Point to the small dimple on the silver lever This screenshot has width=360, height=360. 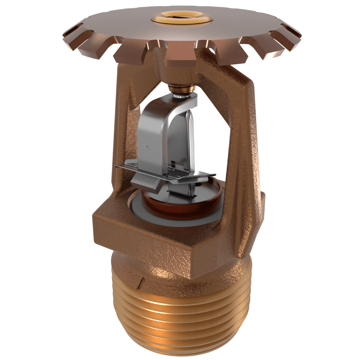[148, 147]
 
